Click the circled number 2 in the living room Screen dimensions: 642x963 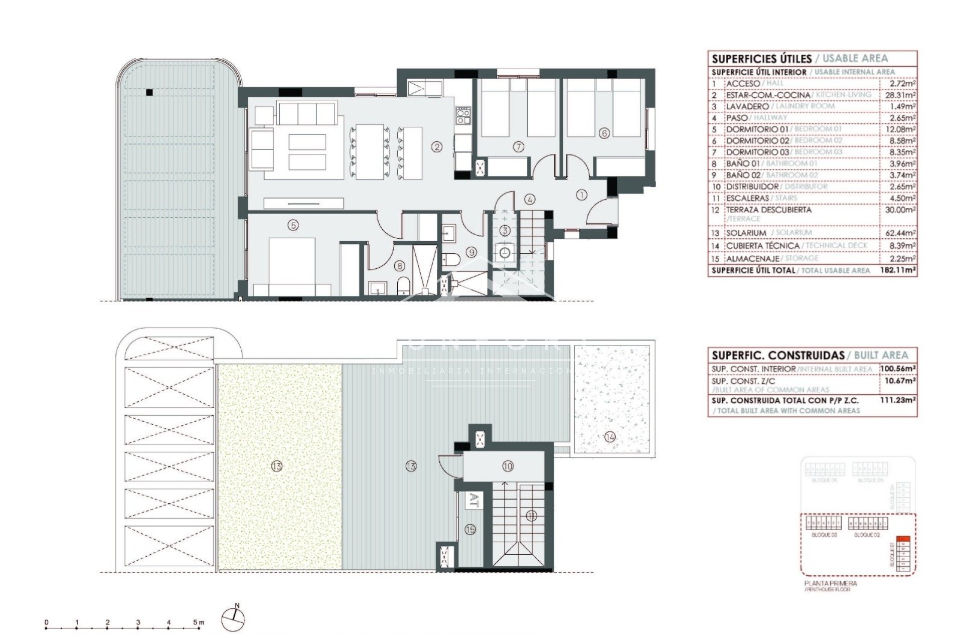click(437, 147)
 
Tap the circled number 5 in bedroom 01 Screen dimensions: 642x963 click(293, 225)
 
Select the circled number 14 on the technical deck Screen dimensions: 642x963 click(610, 437)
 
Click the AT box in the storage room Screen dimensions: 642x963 click(474, 501)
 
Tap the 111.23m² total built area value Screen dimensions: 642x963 click(898, 400)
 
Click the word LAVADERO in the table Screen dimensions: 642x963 click(747, 106)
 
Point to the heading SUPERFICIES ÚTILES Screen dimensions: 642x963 click(761, 59)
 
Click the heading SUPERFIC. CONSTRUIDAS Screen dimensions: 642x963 click(778, 356)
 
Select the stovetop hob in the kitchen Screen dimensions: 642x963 click(463, 116)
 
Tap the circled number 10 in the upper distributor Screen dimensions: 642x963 click(508, 466)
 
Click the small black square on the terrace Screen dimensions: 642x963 click(149, 92)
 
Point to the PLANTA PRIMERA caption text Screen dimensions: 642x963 click(830, 583)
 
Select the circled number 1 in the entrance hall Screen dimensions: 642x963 click(581, 195)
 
